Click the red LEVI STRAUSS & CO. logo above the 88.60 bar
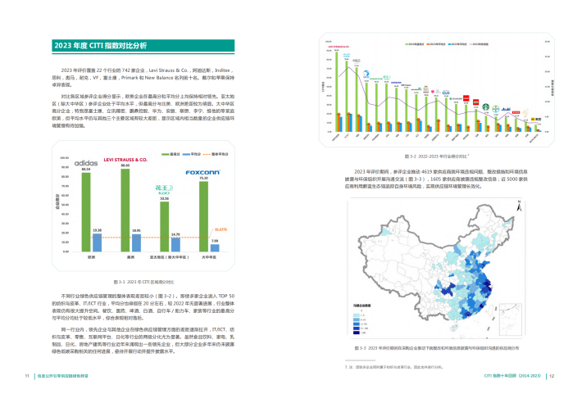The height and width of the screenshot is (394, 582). click(125, 161)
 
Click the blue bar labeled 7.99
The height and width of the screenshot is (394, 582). click(214, 248)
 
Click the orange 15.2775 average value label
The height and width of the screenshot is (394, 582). click(222, 231)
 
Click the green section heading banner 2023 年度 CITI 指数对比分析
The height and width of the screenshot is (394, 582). click(99, 45)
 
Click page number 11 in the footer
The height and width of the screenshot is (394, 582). click(26, 376)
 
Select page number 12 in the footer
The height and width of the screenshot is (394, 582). click(552, 376)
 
